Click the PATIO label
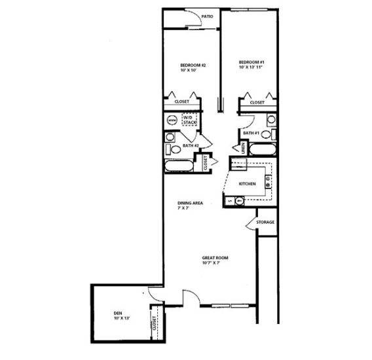[x=208, y=17]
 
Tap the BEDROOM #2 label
[x=193, y=65]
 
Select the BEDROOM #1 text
[x=251, y=63]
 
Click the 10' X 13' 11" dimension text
[x=251, y=69]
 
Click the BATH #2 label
[x=191, y=145]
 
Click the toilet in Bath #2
[x=171, y=137]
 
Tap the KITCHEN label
[x=246, y=184]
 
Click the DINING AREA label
[x=190, y=203]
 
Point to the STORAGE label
[x=265, y=222]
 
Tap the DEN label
[x=118, y=314]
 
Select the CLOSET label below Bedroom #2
[x=181, y=102]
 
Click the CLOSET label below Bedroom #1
[x=257, y=102]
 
